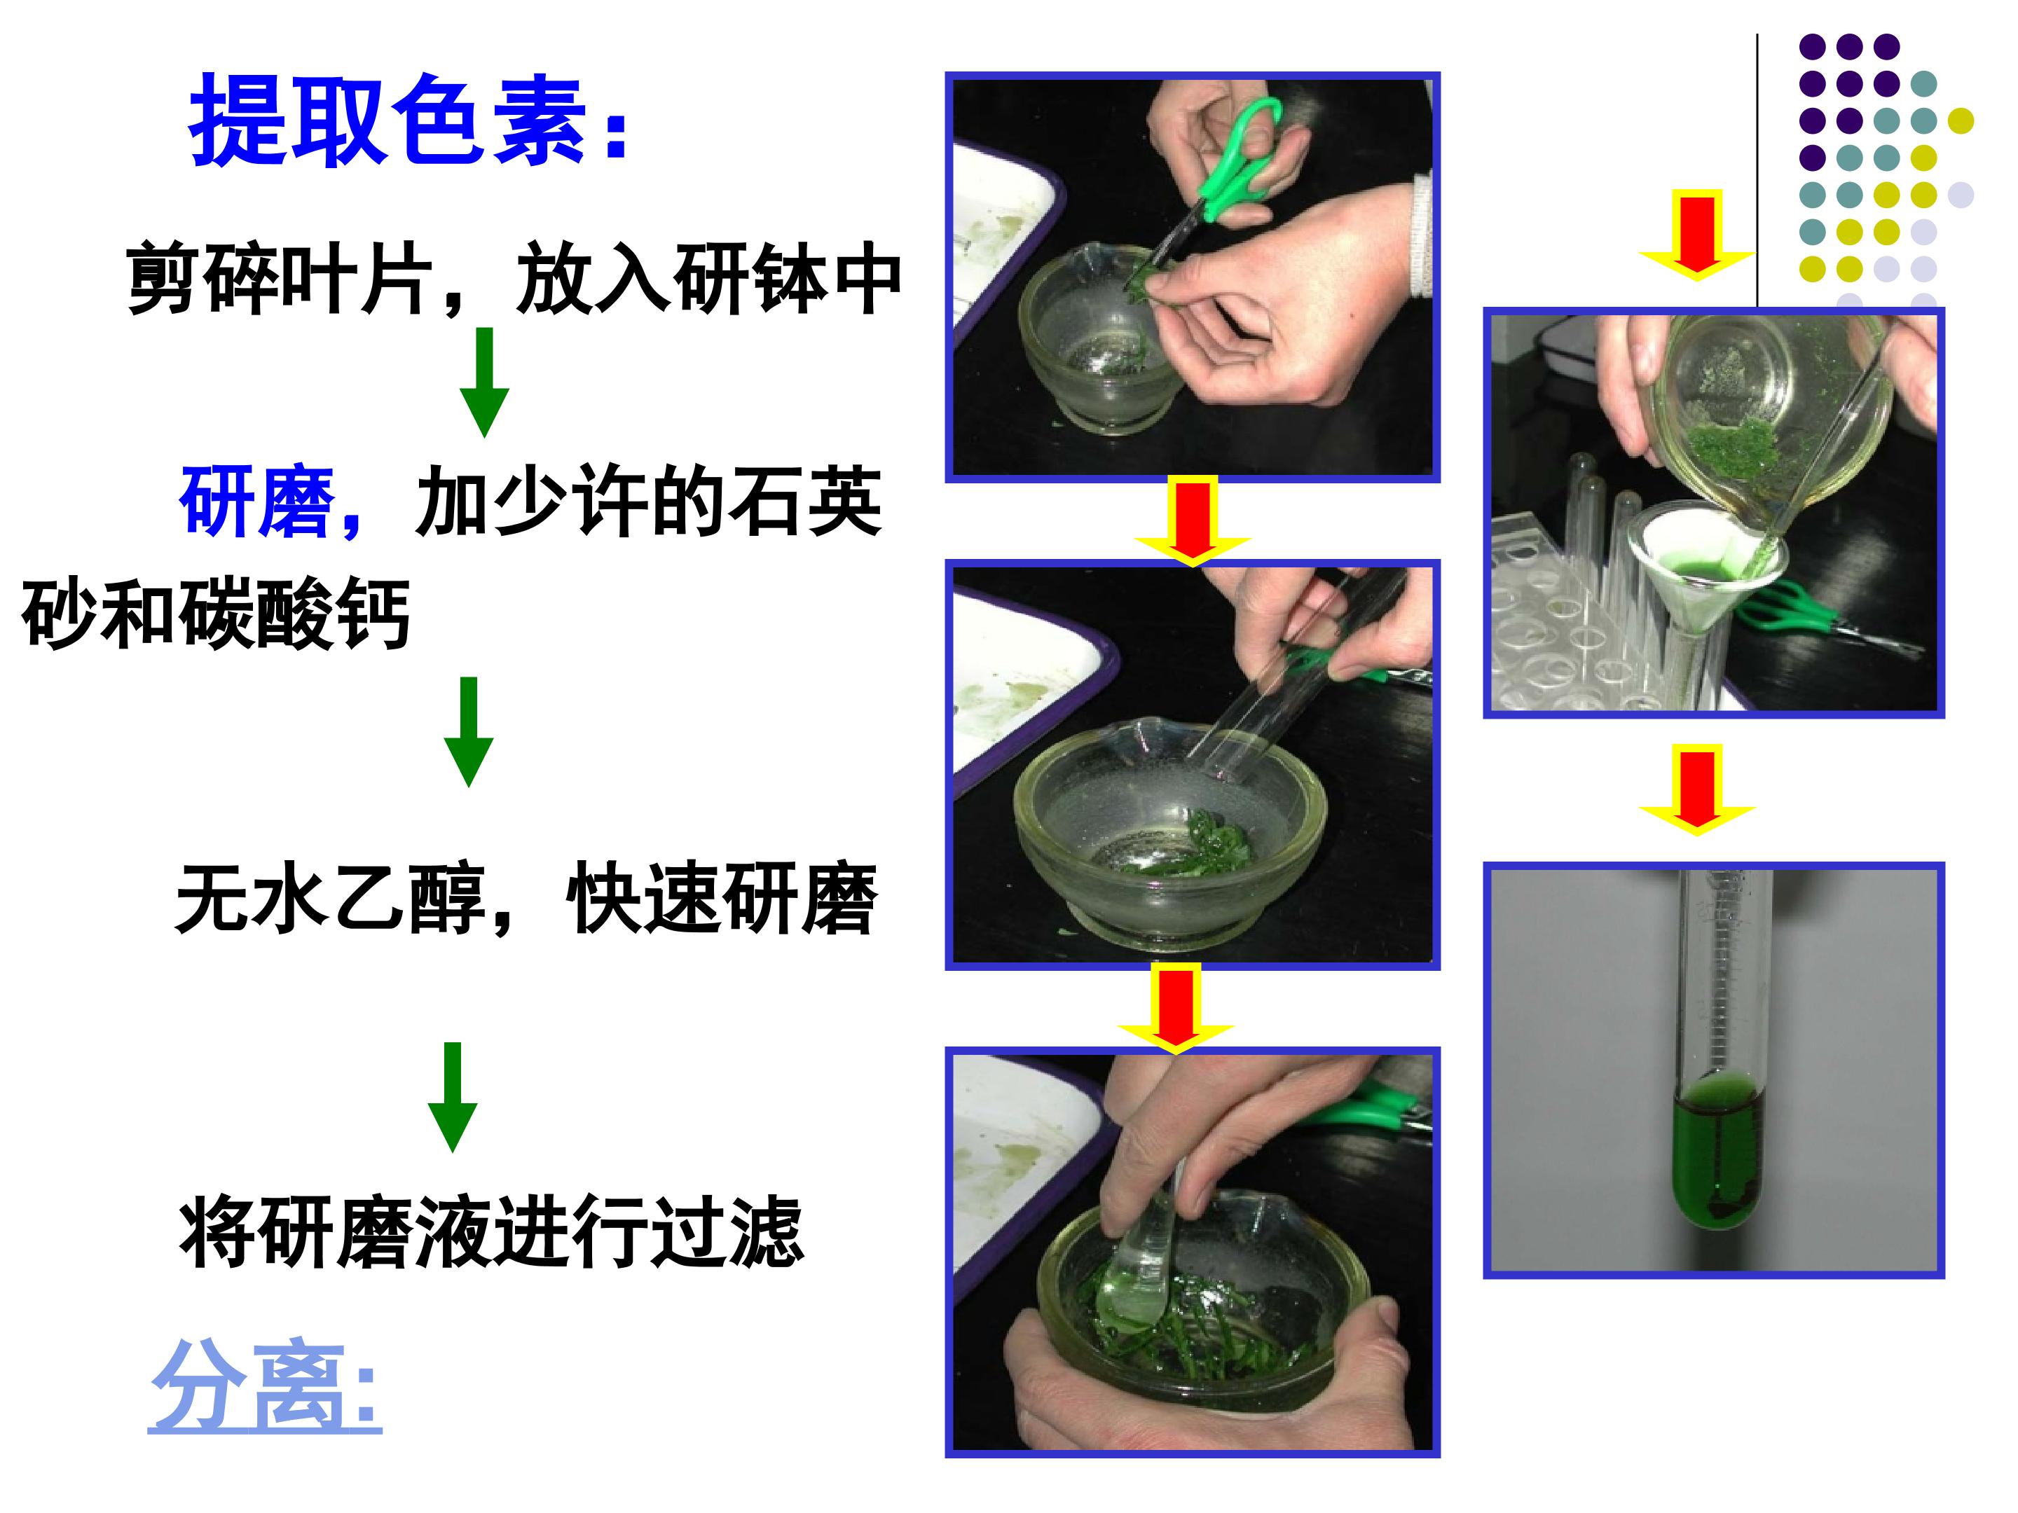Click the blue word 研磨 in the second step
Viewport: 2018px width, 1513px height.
(257, 502)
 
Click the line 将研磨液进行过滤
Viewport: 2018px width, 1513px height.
(492, 1232)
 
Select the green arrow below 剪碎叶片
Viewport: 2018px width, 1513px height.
(483, 382)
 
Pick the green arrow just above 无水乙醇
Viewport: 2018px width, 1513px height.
(469, 731)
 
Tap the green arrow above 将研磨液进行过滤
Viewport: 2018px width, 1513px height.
(453, 1097)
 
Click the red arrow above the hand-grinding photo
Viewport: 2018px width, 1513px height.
(1176, 1008)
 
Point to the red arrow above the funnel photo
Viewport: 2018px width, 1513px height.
(1697, 235)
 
